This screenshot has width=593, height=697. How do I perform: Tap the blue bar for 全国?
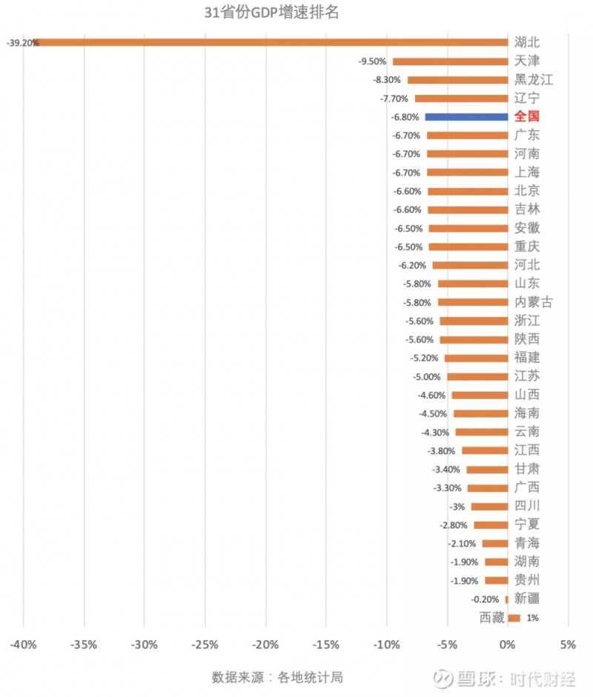click(466, 117)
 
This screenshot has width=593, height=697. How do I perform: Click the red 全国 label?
click(527, 116)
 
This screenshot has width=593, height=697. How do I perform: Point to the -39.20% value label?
click(21, 43)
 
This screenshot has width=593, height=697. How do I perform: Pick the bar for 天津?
click(450, 61)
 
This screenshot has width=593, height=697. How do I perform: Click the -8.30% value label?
click(385, 80)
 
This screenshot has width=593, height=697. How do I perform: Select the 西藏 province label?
click(491, 617)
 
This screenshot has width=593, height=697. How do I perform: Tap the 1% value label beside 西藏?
click(532, 618)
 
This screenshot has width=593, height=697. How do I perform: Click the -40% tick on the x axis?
click(24, 645)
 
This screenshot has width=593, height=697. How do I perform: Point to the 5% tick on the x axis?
click(568, 645)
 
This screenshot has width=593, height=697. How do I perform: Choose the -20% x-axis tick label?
click(265, 645)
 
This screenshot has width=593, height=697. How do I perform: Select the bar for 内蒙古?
click(473, 302)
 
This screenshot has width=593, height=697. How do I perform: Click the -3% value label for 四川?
click(457, 507)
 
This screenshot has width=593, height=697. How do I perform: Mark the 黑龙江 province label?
click(534, 80)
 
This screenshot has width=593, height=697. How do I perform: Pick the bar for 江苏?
click(477, 376)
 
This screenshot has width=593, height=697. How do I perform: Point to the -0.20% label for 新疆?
click(485, 599)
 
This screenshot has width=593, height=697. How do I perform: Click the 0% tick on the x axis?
click(508, 645)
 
